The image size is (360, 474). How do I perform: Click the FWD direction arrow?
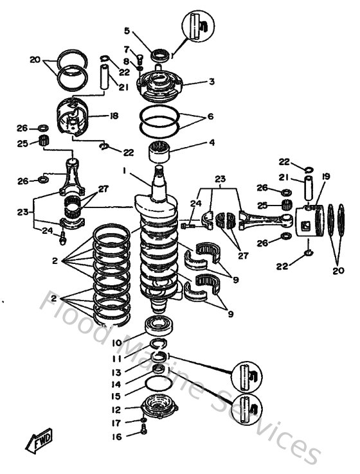(x=38, y=442)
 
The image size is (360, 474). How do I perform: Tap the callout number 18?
(x=114, y=116)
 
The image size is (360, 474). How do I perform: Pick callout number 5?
(x=127, y=30)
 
